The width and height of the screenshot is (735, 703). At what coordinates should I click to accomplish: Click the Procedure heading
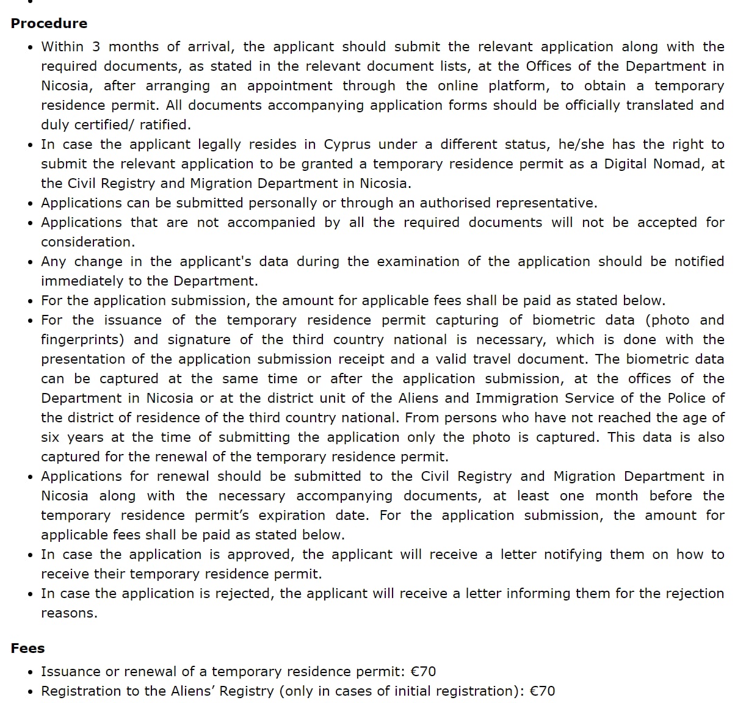(x=49, y=24)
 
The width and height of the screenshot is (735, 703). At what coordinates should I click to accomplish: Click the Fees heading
(x=27, y=648)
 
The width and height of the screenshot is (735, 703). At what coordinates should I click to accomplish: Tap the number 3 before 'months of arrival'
(x=96, y=47)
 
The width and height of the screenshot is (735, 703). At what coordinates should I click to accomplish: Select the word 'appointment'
(x=289, y=86)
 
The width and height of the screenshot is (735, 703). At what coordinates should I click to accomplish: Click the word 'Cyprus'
(x=347, y=145)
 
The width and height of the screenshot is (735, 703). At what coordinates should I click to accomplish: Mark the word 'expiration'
(x=297, y=516)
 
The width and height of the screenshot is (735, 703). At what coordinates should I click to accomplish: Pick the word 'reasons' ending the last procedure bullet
(x=68, y=613)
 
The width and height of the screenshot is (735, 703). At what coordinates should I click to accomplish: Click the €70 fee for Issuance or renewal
(x=423, y=672)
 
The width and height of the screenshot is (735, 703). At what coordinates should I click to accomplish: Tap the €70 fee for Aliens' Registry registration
(x=542, y=691)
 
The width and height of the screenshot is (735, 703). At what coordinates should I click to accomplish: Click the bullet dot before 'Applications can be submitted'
(x=31, y=204)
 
